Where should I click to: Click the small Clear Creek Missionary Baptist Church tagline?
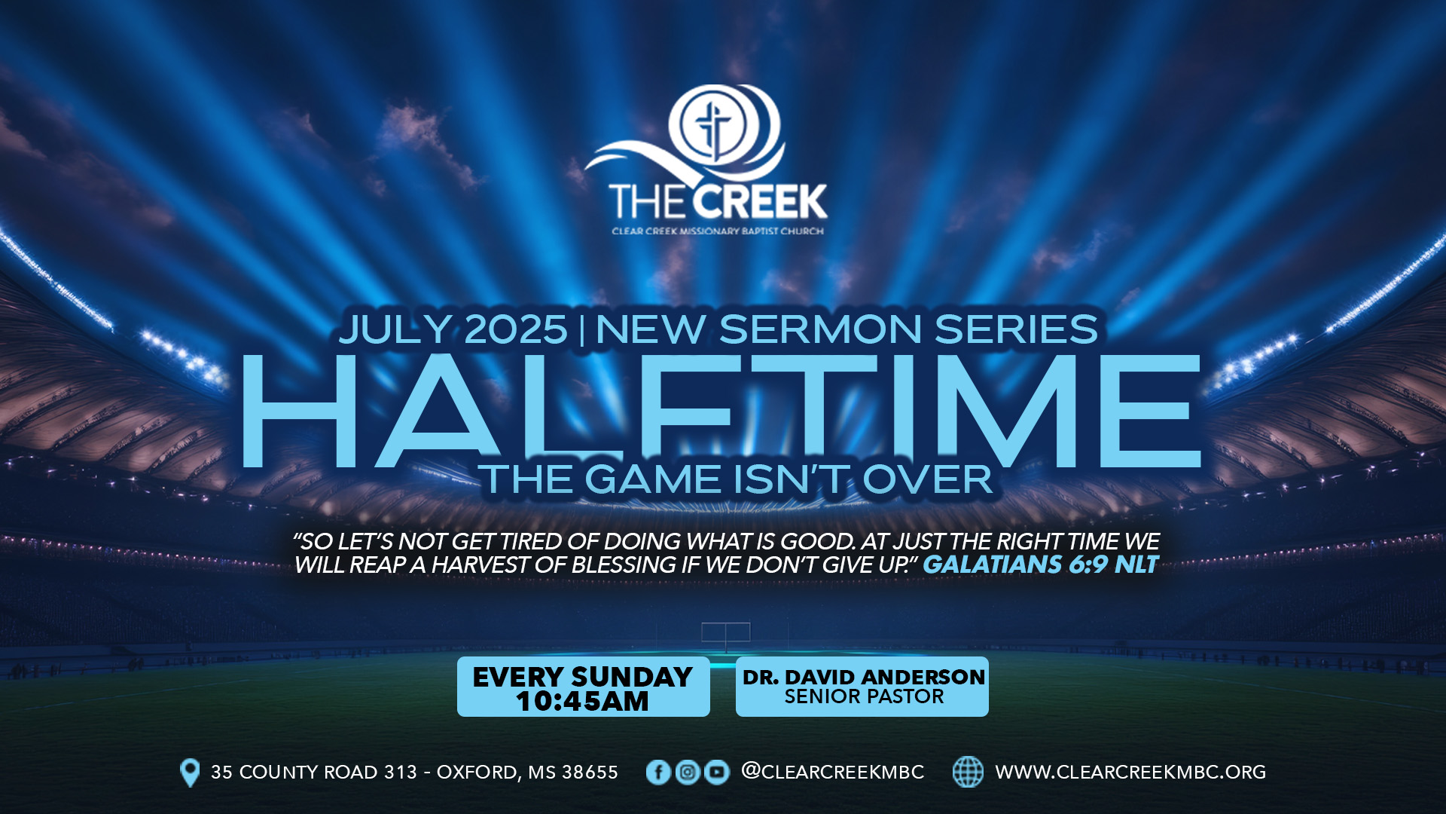pos(718,231)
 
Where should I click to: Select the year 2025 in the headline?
pos(516,329)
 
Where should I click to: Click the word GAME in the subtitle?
pos(653,480)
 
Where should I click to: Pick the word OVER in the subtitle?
pos(928,480)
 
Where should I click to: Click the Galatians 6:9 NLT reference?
pos(1041,565)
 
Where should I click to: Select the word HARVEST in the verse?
pos(480,565)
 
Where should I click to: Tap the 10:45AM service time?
pos(582,702)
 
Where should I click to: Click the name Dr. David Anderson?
pos(864,677)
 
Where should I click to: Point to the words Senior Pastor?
pos(864,697)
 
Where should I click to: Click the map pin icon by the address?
pos(191,773)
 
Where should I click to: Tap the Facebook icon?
pos(658,773)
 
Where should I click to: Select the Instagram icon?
pos(687,773)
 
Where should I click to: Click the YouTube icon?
pos(716,773)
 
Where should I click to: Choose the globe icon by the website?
pos(968,773)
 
